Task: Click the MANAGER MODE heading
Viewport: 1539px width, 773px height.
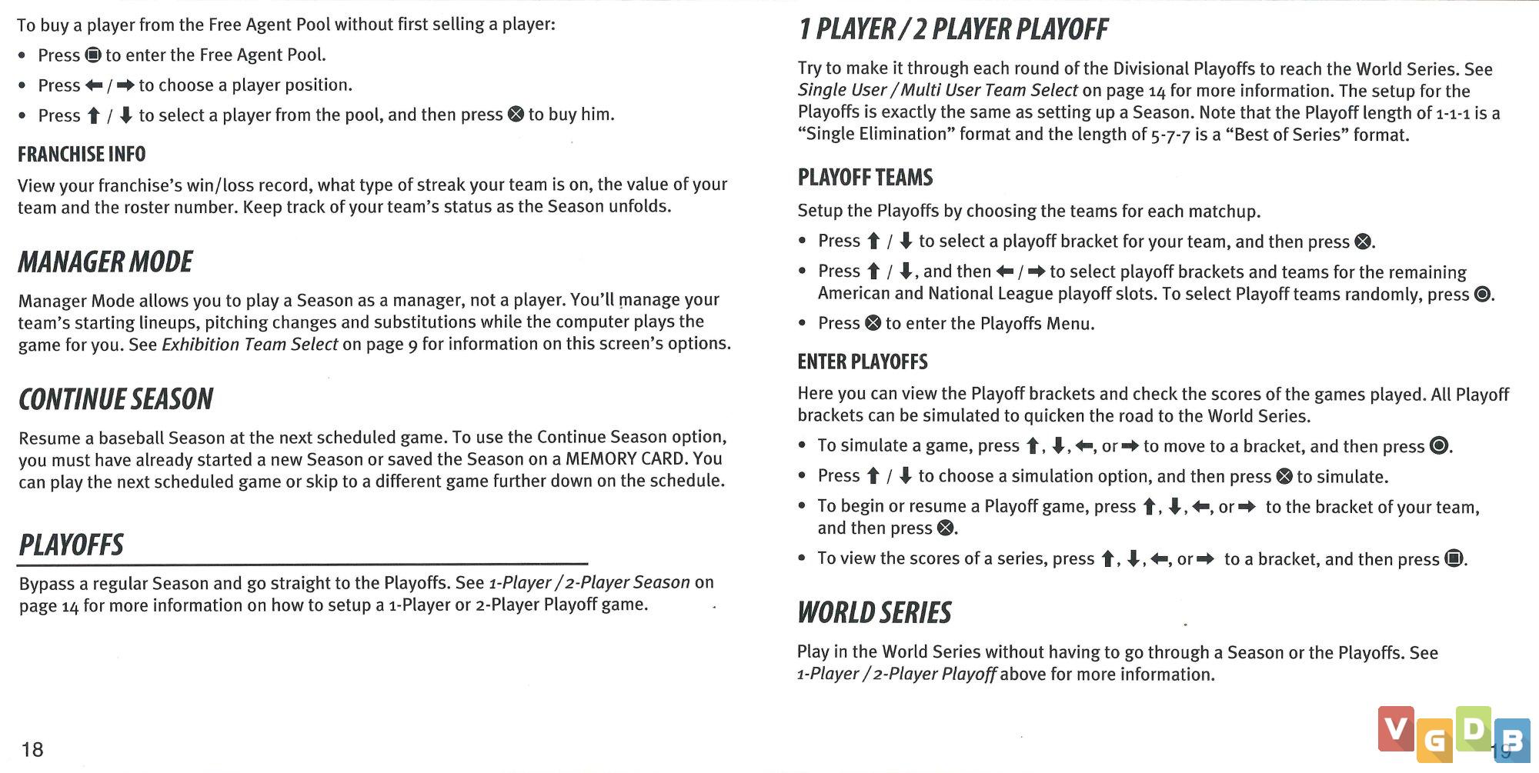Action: pyautogui.click(x=105, y=262)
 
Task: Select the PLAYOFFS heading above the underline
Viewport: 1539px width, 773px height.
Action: pyautogui.click(x=71, y=545)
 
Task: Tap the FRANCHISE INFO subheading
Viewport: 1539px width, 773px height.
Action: pyautogui.click(x=82, y=155)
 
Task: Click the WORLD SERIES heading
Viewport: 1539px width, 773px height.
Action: pyautogui.click(x=874, y=613)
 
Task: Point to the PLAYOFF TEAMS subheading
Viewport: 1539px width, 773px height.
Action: pyautogui.click(x=865, y=178)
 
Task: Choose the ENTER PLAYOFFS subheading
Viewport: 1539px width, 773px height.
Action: pyautogui.click(x=863, y=362)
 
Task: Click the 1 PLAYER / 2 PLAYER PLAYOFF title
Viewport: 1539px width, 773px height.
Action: pyautogui.click(x=953, y=30)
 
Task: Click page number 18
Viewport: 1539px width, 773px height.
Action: pyautogui.click(x=32, y=749)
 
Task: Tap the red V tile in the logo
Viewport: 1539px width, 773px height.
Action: pyautogui.click(x=1396, y=728)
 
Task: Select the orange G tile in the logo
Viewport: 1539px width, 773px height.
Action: pyautogui.click(x=1434, y=740)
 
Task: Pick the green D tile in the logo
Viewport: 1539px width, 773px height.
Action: pyautogui.click(x=1473, y=728)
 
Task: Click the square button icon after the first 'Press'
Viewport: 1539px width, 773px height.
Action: pyautogui.click(x=93, y=55)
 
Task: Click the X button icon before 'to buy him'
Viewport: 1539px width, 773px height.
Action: pyautogui.click(x=516, y=115)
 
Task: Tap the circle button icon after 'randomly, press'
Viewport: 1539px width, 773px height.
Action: pyautogui.click(x=1482, y=295)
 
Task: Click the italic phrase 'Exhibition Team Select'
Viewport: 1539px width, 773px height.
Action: pyautogui.click(x=249, y=345)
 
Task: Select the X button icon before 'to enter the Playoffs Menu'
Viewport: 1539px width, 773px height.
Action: pyautogui.click(x=873, y=323)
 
